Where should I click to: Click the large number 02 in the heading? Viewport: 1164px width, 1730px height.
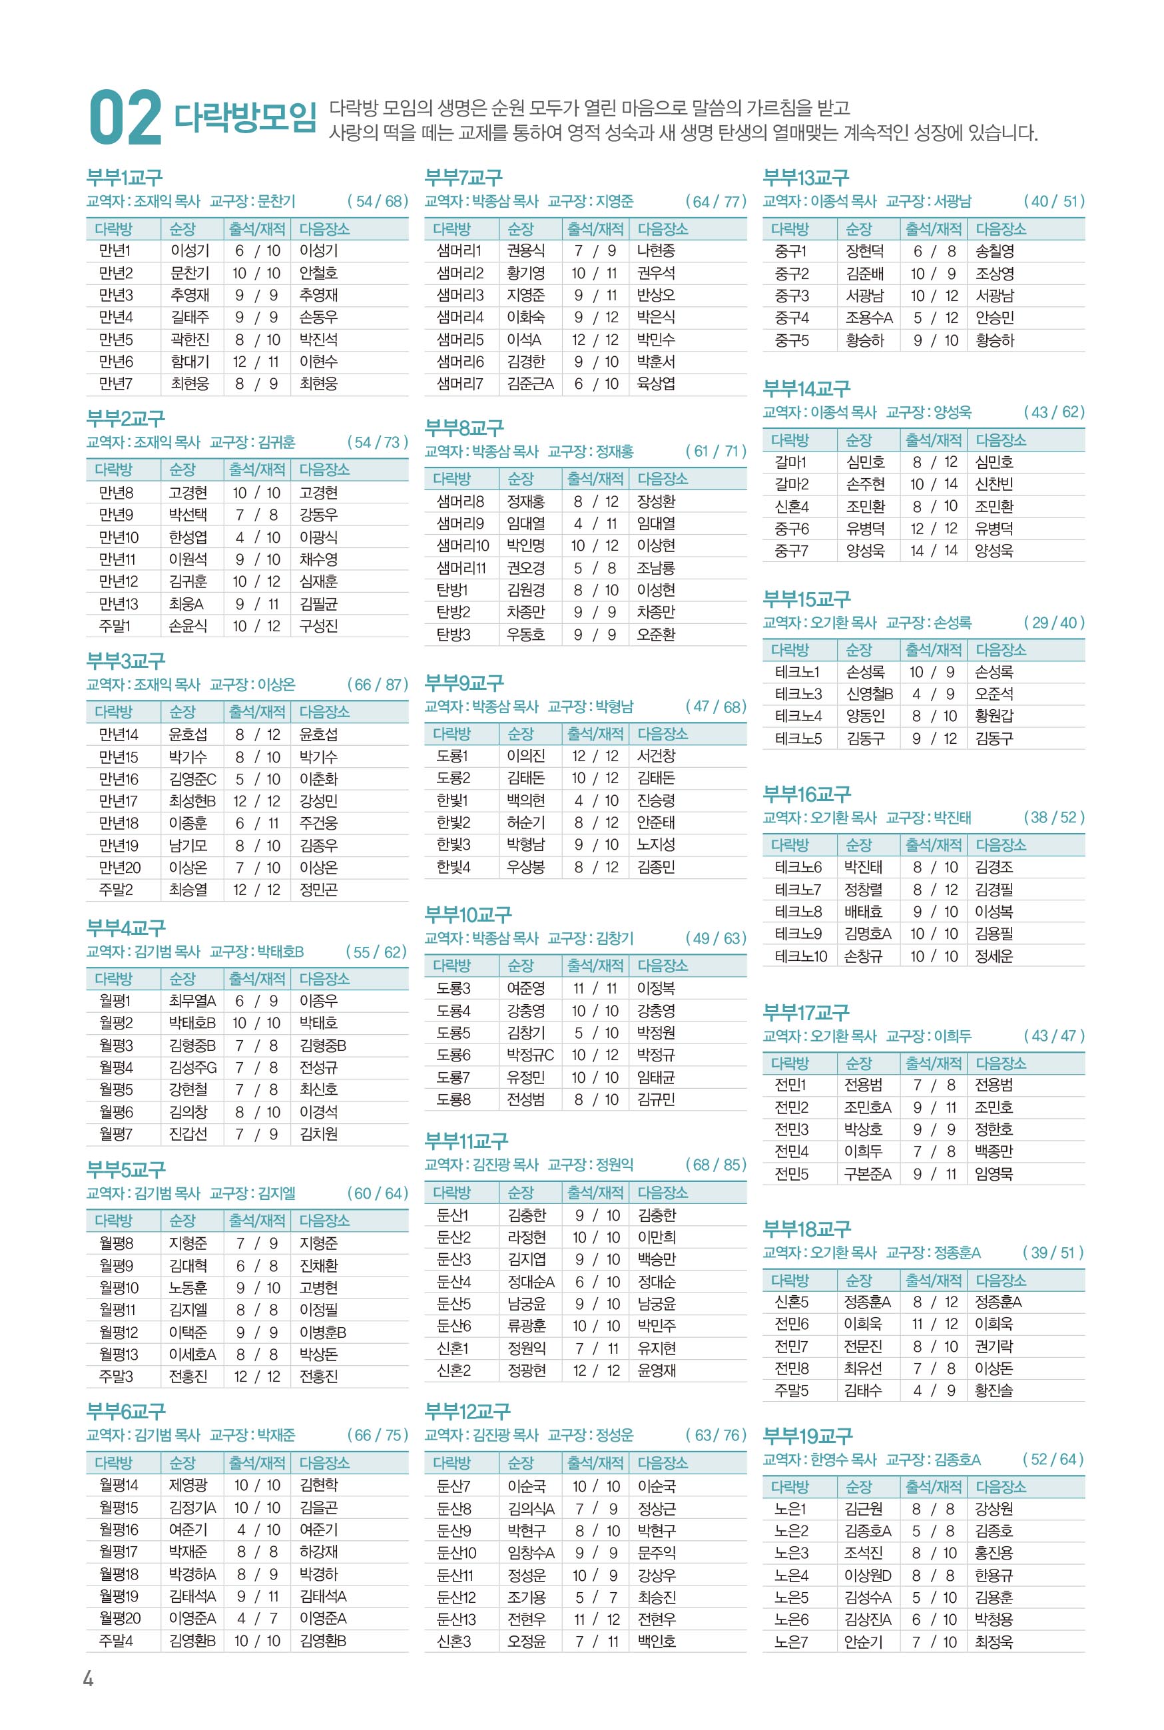click(x=125, y=117)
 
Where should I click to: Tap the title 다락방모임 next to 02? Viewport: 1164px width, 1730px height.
click(x=246, y=117)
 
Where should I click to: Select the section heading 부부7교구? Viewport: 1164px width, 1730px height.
click(x=463, y=176)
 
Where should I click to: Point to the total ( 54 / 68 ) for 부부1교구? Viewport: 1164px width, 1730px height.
click(x=377, y=201)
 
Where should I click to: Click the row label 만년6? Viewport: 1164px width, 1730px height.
click(x=116, y=362)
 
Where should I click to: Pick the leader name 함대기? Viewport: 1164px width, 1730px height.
click(x=190, y=362)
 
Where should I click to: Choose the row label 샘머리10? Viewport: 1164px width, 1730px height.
click(x=463, y=545)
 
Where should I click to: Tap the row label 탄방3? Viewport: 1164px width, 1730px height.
click(x=453, y=635)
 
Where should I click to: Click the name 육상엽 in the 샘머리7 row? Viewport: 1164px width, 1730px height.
click(x=656, y=384)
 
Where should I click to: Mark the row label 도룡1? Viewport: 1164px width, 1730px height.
click(x=452, y=756)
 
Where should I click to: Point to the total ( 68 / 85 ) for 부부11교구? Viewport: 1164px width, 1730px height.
click(x=716, y=1165)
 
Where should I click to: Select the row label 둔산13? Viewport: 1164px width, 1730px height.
click(x=455, y=1619)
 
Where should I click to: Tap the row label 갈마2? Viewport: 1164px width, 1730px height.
click(x=791, y=484)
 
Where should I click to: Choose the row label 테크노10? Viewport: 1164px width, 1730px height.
click(x=800, y=956)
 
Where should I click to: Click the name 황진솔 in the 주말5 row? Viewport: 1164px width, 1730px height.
click(x=994, y=1390)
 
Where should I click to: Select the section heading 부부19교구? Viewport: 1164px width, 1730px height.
click(x=808, y=1436)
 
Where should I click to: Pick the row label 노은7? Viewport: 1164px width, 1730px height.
click(x=790, y=1641)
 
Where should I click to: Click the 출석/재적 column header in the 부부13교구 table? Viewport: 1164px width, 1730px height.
click(x=933, y=228)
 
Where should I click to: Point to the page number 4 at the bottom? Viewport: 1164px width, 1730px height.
click(x=89, y=1679)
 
